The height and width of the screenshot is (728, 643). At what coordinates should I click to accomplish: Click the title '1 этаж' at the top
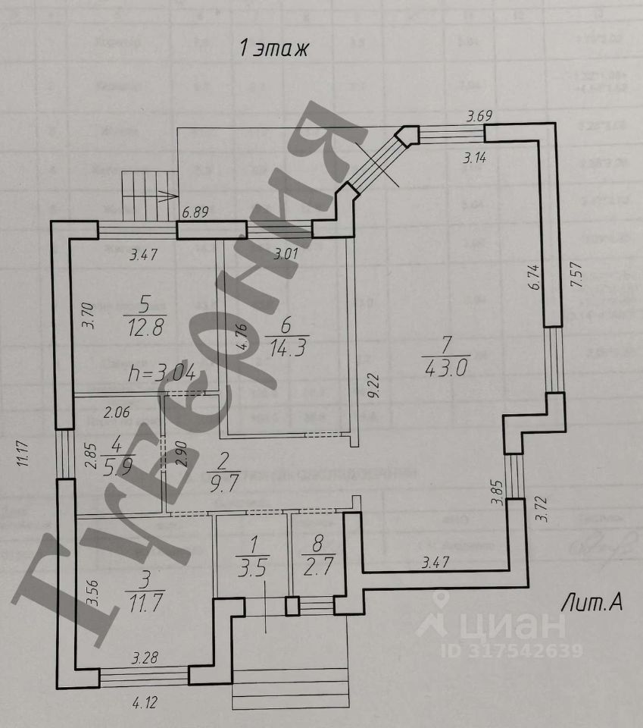[274, 50]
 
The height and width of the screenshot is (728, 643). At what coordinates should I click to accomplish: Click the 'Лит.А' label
[591, 603]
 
